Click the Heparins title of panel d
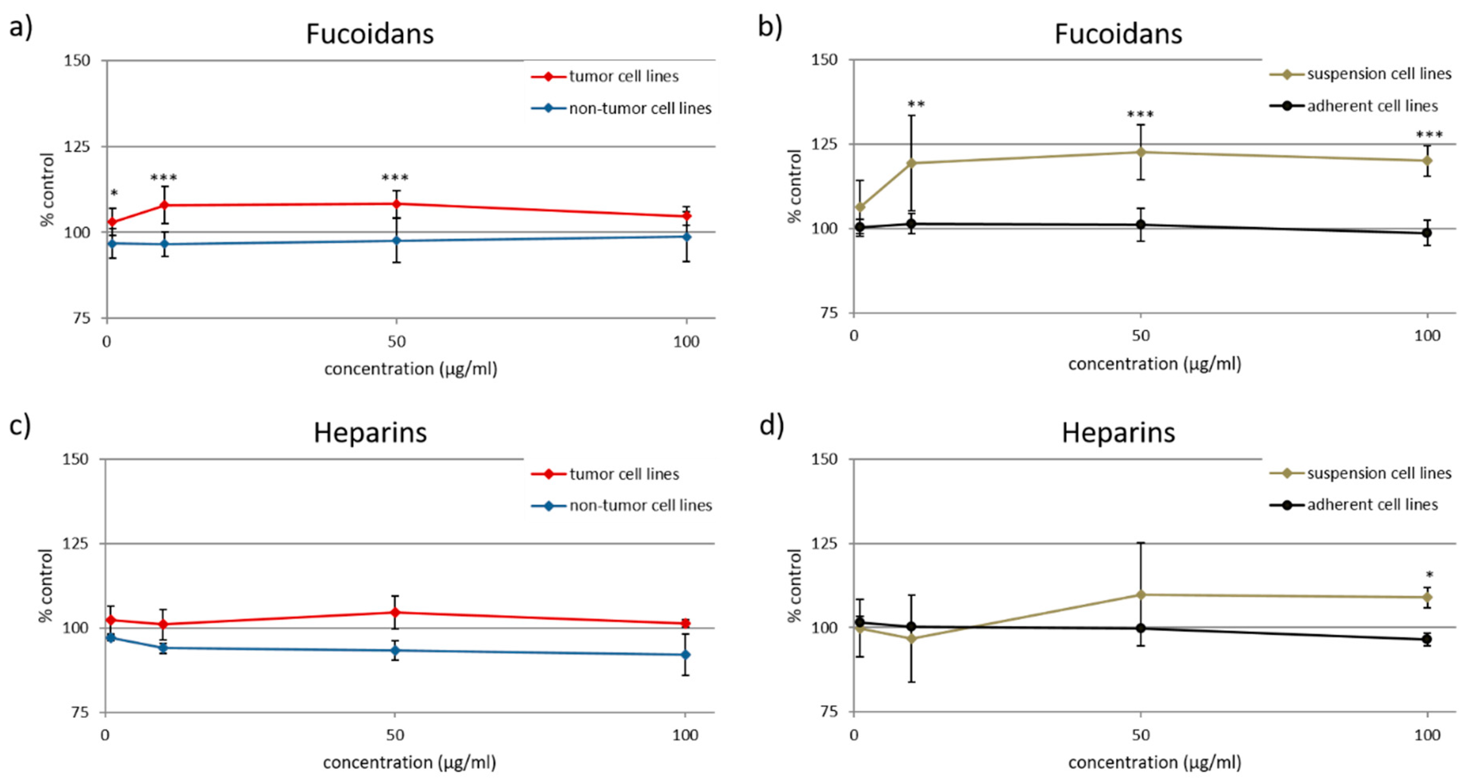pyautogui.click(x=1118, y=433)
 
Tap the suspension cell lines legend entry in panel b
pyautogui.click(x=1361, y=74)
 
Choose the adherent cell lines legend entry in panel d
pyautogui.click(x=1354, y=505)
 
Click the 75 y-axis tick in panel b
pyautogui.click(x=829, y=313)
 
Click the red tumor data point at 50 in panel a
pyautogui.click(x=397, y=204)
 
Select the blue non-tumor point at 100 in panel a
pyautogui.click(x=687, y=236)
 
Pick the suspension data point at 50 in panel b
pyautogui.click(x=1141, y=152)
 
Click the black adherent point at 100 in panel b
pyautogui.click(x=1427, y=232)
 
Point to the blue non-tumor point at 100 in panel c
pyautogui.click(x=686, y=655)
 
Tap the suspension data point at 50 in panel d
pyautogui.click(x=1141, y=595)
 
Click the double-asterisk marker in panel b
pyautogui.click(x=916, y=104)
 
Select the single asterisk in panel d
pyautogui.click(x=1429, y=574)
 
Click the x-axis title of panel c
pyautogui.click(x=409, y=762)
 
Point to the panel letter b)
pyautogui.click(x=770, y=26)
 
